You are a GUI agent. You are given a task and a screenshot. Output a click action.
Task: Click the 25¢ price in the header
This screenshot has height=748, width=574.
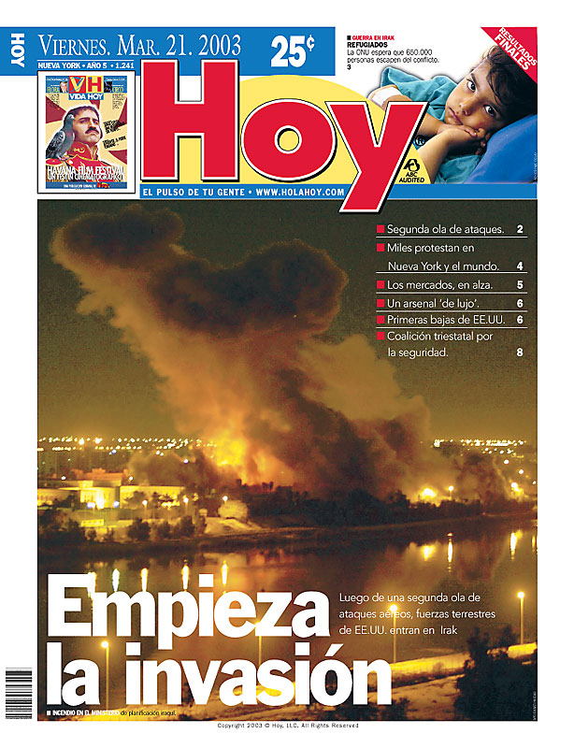[x=293, y=51]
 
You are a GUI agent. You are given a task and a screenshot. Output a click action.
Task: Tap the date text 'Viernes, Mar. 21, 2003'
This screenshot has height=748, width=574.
[x=138, y=45]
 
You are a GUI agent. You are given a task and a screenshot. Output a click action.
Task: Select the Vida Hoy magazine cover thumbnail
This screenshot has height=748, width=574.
[x=87, y=132]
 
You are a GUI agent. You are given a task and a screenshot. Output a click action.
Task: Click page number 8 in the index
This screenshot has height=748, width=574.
[x=520, y=353]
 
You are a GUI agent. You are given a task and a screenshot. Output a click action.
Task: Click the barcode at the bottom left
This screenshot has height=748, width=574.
[x=19, y=692]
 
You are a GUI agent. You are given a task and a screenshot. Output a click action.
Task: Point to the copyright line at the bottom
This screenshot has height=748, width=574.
[x=287, y=726]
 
